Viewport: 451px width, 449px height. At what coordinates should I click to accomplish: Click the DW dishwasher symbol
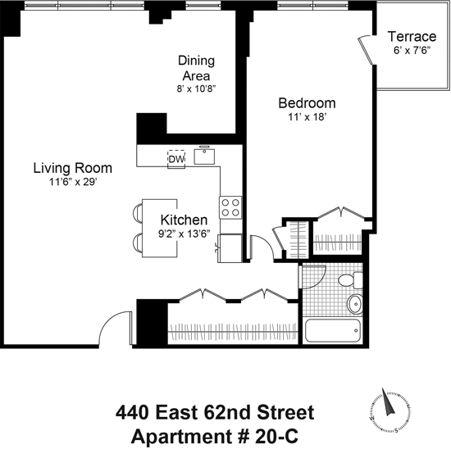click(176, 159)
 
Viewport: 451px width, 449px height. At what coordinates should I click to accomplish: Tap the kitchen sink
click(204, 156)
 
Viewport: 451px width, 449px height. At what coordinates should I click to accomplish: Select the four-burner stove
click(230, 207)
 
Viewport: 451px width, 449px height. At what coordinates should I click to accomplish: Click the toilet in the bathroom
click(350, 280)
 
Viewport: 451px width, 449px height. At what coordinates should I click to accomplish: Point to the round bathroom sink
click(355, 304)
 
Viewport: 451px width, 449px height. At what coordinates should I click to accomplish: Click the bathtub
click(333, 330)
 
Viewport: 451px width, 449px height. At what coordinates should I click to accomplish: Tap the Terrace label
click(412, 37)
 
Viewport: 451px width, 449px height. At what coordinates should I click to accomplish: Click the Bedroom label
click(307, 103)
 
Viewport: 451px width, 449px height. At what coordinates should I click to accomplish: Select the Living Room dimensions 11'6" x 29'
click(72, 182)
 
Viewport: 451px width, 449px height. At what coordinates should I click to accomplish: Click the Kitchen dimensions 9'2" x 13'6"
click(184, 234)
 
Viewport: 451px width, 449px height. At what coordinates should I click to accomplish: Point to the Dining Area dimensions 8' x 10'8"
click(196, 88)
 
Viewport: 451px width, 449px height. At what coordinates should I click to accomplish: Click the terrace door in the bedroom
click(366, 49)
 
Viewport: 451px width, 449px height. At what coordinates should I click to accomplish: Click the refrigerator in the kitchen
click(230, 248)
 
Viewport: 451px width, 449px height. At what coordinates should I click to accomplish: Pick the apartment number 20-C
click(276, 437)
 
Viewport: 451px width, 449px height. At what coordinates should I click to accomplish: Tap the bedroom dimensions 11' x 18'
click(307, 117)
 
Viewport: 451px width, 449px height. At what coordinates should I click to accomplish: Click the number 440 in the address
click(132, 412)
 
